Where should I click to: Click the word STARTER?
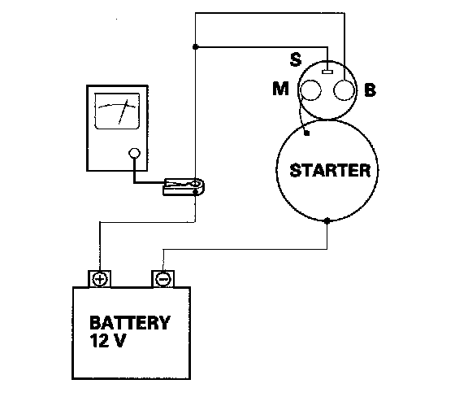(x=330, y=170)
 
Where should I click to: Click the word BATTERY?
(x=130, y=322)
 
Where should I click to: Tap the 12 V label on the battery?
(x=107, y=340)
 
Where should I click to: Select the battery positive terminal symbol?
(x=100, y=280)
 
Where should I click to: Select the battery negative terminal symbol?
(x=163, y=280)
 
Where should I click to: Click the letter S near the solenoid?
(x=296, y=59)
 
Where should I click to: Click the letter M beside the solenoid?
(x=281, y=89)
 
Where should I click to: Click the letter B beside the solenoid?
(x=370, y=89)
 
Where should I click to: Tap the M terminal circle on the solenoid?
(x=310, y=89)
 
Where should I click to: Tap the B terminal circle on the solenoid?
(x=344, y=90)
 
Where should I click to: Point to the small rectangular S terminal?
(x=327, y=72)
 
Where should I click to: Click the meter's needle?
(x=123, y=111)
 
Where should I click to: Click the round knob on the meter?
(x=134, y=153)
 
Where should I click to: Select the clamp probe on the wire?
(x=184, y=187)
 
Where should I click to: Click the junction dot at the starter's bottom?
(x=327, y=221)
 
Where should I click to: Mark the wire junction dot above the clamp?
(x=195, y=47)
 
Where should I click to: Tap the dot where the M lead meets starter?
(x=306, y=133)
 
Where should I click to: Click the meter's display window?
(x=117, y=111)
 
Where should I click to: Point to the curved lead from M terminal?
(x=301, y=115)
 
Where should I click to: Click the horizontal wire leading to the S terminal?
(x=262, y=47)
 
